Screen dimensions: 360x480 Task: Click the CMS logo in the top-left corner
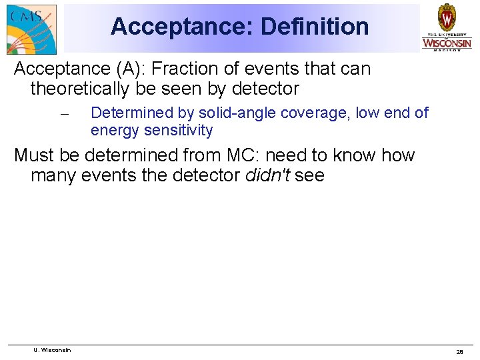pos(31,28)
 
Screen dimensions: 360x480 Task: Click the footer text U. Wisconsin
pos(53,350)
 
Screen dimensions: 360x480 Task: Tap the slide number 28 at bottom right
pos(459,351)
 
